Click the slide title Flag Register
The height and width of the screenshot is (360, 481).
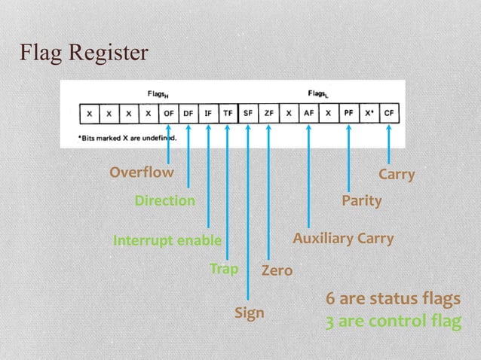(84, 54)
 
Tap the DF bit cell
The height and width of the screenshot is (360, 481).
(188, 113)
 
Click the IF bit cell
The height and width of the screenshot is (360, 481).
(208, 113)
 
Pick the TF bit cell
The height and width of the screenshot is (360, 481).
(228, 113)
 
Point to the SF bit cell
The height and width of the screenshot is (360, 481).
(248, 113)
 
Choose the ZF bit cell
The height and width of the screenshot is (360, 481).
(268, 113)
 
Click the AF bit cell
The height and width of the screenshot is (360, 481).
(308, 113)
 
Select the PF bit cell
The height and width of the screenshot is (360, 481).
(348, 113)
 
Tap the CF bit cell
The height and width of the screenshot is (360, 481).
(389, 113)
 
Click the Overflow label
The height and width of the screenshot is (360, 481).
(141, 172)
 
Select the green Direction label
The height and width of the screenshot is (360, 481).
(164, 201)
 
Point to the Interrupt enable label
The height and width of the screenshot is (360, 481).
(167, 241)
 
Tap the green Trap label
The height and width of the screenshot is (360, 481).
(224, 268)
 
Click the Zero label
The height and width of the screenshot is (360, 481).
(277, 270)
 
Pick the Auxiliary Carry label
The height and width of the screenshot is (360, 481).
(343, 239)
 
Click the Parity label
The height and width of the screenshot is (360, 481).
(361, 201)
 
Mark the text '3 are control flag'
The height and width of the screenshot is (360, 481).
(392, 322)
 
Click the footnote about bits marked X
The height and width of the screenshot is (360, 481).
(127, 138)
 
